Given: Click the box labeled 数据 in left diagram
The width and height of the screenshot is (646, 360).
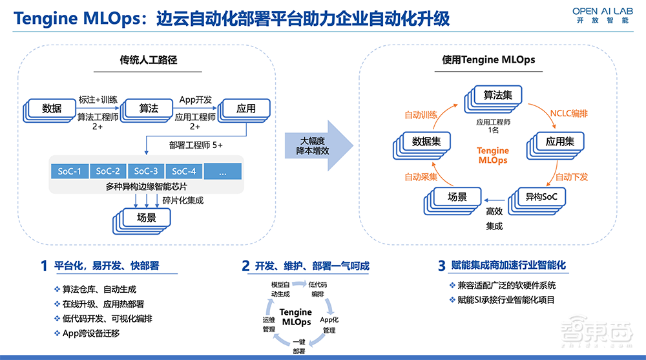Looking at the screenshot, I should tap(51, 108).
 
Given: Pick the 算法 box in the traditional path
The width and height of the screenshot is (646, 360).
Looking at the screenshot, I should tap(149, 108).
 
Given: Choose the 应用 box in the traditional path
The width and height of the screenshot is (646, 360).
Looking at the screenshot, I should tap(245, 108).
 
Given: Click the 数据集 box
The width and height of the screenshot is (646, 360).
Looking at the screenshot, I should tap(426, 141).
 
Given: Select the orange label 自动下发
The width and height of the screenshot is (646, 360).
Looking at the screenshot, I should tap(571, 176).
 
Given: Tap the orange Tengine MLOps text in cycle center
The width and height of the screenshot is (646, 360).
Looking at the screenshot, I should tap(493, 155).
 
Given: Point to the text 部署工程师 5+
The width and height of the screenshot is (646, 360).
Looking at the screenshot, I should tap(196, 145).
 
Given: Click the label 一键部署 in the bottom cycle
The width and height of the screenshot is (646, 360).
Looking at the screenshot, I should tap(299, 346).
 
